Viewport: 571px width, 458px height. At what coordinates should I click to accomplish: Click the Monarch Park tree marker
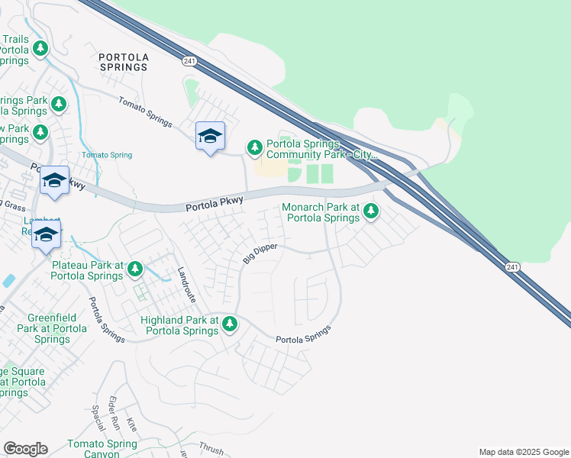[370, 210]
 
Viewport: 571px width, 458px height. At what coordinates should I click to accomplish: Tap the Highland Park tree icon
[229, 325]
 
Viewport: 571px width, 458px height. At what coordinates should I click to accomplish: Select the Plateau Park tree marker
[135, 268]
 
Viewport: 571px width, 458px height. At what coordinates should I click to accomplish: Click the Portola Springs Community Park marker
[254, 147]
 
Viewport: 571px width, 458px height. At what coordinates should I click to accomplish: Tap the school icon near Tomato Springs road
[210, 137]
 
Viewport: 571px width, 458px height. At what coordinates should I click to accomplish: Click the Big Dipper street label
[259, 253]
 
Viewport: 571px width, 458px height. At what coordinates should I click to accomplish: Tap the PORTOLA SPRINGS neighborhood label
[123, 62]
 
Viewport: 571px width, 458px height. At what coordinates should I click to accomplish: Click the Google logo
[25, 449]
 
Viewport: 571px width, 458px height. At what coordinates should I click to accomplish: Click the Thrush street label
[211, 448]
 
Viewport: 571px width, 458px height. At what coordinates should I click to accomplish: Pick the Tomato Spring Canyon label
[102, 449]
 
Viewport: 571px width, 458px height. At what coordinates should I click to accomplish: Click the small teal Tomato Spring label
[107, 155]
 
